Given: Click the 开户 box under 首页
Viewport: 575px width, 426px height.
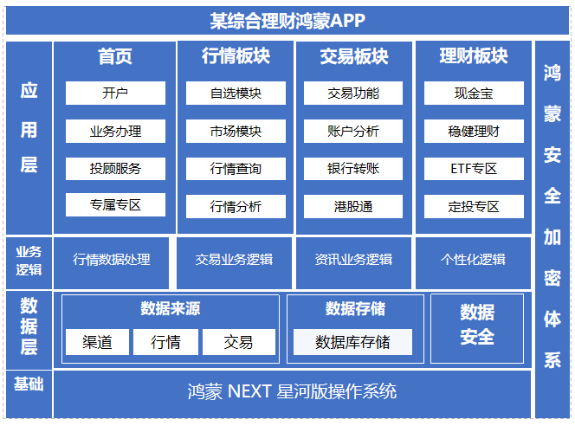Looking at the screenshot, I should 115,94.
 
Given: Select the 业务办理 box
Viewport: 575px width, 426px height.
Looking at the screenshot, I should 115,132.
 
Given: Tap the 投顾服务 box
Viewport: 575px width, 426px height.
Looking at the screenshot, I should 115,168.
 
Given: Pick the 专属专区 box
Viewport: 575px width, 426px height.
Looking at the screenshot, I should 115,205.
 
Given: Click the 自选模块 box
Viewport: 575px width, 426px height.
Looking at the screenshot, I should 236,94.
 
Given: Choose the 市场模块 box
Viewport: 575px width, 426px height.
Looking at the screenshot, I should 236,132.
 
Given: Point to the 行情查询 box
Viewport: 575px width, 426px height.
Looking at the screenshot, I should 236,168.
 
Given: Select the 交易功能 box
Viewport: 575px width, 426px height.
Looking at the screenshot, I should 353,94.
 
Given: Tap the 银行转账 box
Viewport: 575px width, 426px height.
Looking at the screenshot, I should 353,168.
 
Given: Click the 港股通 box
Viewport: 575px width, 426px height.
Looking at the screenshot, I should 353,206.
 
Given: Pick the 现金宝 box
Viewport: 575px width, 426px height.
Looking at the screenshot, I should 474,94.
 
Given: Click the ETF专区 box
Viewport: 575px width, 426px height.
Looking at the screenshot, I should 474,168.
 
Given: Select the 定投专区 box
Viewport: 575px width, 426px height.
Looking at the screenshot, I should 474,206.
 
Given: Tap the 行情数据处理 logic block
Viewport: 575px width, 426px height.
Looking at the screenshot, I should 112,260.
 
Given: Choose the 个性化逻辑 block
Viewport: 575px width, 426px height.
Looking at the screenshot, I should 473,260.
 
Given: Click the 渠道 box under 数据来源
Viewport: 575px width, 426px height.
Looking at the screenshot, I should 97,342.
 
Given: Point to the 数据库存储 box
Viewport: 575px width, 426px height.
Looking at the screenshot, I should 352,342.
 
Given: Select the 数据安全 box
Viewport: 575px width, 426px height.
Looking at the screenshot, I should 477,325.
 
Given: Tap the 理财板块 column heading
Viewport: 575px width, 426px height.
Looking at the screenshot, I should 474,56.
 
